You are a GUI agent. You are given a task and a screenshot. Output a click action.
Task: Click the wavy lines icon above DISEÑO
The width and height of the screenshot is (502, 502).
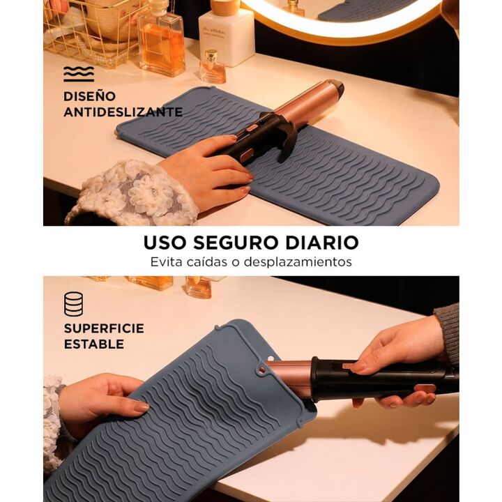[79, 74]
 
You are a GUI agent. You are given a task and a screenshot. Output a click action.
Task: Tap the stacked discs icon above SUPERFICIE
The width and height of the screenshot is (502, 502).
[73, 304]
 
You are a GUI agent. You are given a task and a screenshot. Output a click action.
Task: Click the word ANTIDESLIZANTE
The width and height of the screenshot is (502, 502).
[123, 112]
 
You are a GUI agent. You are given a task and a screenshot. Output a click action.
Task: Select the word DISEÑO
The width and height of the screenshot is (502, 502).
[90, 96]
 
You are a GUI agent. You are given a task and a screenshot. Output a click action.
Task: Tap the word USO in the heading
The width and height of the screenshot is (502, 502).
[165, 243]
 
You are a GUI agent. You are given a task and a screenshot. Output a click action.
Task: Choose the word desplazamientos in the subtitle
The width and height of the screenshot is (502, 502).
[298, 262]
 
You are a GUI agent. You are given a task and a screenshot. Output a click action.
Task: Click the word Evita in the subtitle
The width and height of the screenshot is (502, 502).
[167, 261]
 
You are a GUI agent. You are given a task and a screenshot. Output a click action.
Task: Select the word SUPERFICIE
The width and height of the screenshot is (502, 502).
[104, 328]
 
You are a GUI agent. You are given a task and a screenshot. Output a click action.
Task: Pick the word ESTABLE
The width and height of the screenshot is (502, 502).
[94, 344]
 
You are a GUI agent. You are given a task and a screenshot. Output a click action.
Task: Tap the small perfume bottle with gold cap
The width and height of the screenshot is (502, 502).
[212, 67]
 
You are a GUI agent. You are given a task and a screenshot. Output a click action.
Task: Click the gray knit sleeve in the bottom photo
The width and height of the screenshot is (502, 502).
[448, 333]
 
